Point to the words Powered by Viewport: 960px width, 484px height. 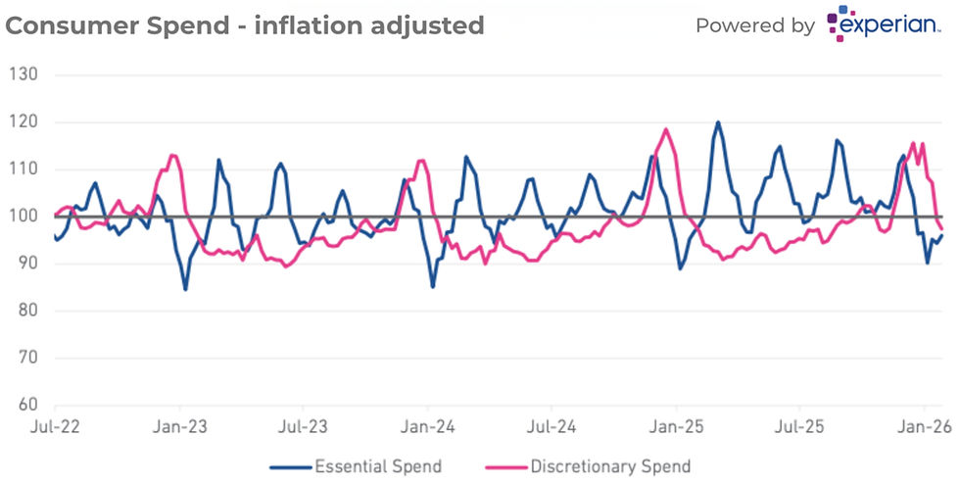[755, 25]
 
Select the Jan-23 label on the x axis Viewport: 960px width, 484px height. [180, 428]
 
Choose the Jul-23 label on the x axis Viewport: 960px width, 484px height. [304, 428]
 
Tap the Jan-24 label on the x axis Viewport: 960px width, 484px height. [428, 428]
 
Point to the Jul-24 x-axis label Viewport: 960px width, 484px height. [552, 428]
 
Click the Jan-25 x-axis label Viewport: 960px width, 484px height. [676, 428]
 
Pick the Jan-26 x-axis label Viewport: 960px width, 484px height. [923, 428]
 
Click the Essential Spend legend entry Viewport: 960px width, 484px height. [377, 465]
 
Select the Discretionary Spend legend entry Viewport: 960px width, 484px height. [610, 465]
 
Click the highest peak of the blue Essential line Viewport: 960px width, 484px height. [718, 122]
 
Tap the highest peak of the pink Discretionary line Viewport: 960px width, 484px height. [666, 129]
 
